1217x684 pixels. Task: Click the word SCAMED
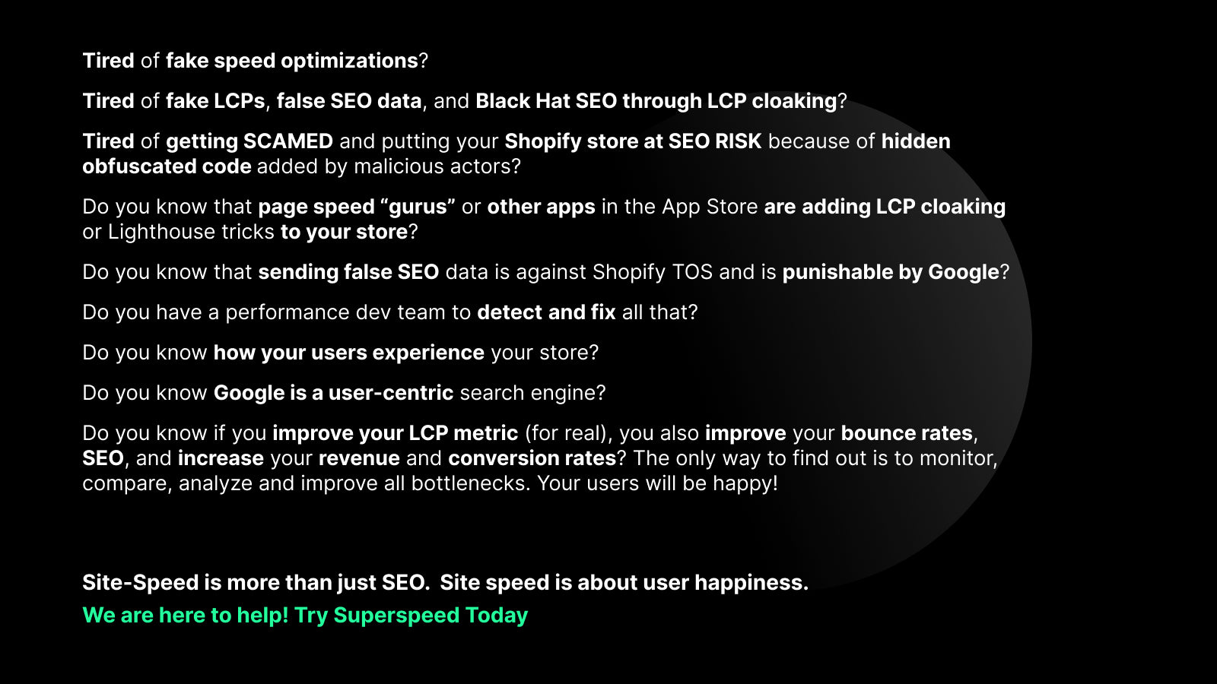click(x=288, y=141)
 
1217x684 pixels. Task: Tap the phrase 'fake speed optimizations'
click(x=292, y=61)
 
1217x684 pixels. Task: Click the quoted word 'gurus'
click(x=418, y=207)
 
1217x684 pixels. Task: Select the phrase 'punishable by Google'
click(x=890, y=272)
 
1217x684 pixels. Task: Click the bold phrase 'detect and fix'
click(x=546, y=312)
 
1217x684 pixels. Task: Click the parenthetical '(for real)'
click(x=568, y=433)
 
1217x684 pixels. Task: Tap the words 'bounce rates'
click(x=907, y=433)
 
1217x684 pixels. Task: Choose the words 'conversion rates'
click(x=532, y=458)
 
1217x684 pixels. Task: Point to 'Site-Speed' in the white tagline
click(x=140, y=583)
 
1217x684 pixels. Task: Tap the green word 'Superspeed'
click(x=396, y=616)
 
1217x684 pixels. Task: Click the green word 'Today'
click(x=497, y=616)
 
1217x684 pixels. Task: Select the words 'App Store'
click(x=709, y=207)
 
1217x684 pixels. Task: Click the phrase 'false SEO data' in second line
click(x=349, y=101)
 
